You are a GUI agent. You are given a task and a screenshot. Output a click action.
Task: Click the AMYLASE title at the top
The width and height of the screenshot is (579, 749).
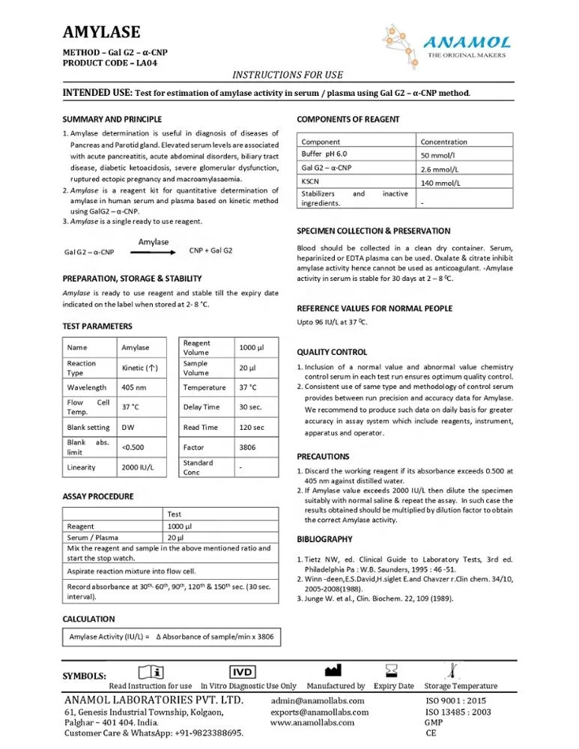tap(101, 31)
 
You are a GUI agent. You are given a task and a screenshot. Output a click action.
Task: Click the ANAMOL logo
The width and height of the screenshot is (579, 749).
tap(466, 44)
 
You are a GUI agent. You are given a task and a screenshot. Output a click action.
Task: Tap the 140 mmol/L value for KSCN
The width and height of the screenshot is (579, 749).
tap(440, 183)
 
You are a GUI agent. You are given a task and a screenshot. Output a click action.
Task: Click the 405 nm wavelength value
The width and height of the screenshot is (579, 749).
tap(134, 388)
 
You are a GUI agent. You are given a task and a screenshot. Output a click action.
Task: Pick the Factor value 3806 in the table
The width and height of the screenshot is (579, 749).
tap(248, 447)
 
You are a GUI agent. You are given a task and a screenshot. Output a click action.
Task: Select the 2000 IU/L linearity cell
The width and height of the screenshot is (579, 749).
tap(138, 467)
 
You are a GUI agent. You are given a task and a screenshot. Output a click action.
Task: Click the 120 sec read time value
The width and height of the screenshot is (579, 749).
tap(252, 428)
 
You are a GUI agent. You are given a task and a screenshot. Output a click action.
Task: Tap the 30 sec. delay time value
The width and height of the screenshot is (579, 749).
tap(250, 407)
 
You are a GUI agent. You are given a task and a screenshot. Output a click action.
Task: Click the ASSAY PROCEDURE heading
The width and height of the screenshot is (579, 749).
tap(98, 497)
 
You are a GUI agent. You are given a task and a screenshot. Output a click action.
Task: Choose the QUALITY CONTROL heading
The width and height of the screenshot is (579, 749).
tap(332, 352)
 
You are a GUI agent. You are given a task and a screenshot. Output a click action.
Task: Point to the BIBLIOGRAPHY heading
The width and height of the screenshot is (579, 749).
tap(324, 539)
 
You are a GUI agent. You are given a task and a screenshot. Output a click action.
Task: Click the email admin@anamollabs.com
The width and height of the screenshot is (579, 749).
tap(318, 700)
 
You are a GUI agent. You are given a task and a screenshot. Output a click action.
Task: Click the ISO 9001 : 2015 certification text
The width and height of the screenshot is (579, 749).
tap(455, 700)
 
